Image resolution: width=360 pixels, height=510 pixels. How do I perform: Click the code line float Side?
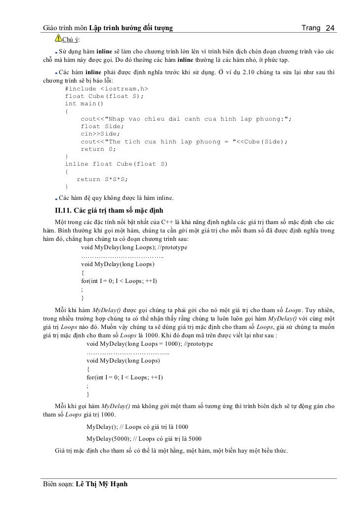pos(100,126)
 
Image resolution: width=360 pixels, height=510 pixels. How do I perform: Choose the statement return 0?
pos(99,149)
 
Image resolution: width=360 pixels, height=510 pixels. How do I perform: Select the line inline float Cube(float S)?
pos(116,164)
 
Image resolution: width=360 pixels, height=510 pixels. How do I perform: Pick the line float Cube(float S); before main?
pos(104,96)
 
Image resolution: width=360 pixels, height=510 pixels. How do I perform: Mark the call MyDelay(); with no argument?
pos(102,426)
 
